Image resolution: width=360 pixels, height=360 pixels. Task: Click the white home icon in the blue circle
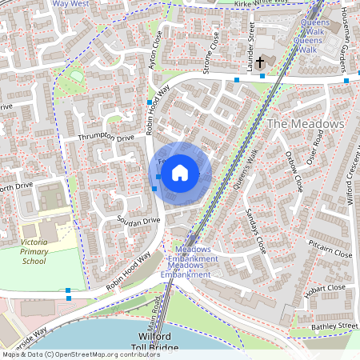click(x=180, y=172)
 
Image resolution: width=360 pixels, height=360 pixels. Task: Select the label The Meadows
click(x=305, y=124)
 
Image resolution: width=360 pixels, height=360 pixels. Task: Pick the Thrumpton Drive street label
click(x=106, y=138)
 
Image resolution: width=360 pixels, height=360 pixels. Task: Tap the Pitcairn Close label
click(x=330, y=254)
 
